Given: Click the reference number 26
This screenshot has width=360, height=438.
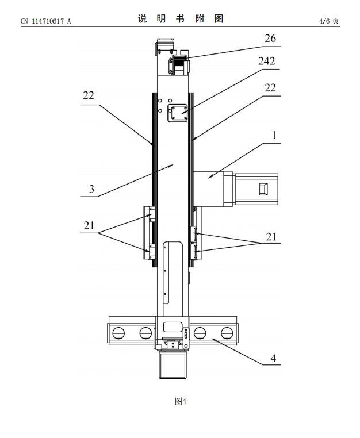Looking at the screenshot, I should (x=270, y=39).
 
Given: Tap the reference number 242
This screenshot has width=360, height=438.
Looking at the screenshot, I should (x=267, y=61).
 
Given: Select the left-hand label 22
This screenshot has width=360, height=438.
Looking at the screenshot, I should (x=88, y=95).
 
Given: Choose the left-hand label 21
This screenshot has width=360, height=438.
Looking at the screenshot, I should (x=88, y=225).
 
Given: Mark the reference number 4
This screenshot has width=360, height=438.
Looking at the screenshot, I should (x=274, y=358).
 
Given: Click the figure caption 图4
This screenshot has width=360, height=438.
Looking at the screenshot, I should (x=181, y=401).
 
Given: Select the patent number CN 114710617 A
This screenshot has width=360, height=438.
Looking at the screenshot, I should (x=46, y=21).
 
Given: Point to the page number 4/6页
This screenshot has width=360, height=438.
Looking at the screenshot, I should (x=330, y=21).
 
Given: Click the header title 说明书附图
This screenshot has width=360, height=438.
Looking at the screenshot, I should (x=180, y=19).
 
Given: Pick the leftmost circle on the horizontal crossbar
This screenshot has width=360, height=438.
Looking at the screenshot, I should (x=120, y=332).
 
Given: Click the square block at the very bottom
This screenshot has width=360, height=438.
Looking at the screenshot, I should (x=173, y=365).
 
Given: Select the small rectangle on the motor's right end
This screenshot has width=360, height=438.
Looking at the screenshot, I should (x=264, y=189).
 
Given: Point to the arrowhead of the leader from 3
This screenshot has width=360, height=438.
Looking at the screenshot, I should (x=173, y=164).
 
